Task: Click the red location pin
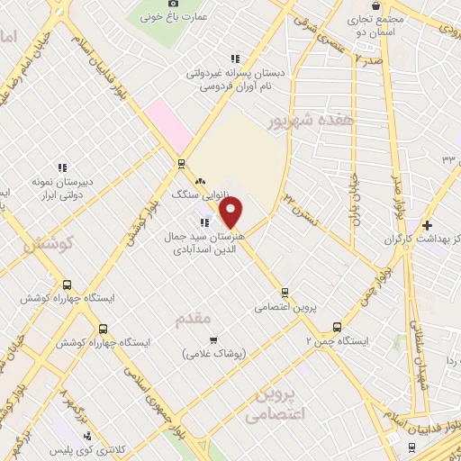(x=230, y=213)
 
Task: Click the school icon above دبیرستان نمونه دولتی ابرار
(x=62, y=167)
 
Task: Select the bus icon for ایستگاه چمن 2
(x=339, y=327)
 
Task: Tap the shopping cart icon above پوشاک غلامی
(x=212, y=339)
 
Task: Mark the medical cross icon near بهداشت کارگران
(x=428, y=224)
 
